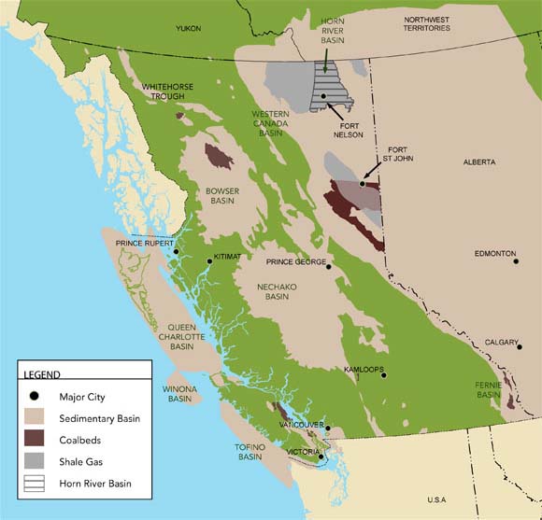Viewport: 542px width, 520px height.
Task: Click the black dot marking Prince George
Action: [328, 267]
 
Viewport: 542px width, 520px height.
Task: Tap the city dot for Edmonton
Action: [516, 261]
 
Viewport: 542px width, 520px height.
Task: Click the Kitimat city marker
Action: [209, 261]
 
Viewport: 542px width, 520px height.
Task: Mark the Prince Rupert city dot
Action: [176, 251]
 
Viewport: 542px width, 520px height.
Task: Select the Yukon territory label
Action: [188, 29]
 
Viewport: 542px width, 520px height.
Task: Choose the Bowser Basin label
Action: [222, 195]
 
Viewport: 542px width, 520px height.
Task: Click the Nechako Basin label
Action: [277, 291]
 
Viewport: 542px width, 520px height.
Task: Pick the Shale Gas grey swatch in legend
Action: [36, 462]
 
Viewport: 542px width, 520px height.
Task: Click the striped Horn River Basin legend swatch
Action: [36, 484]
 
